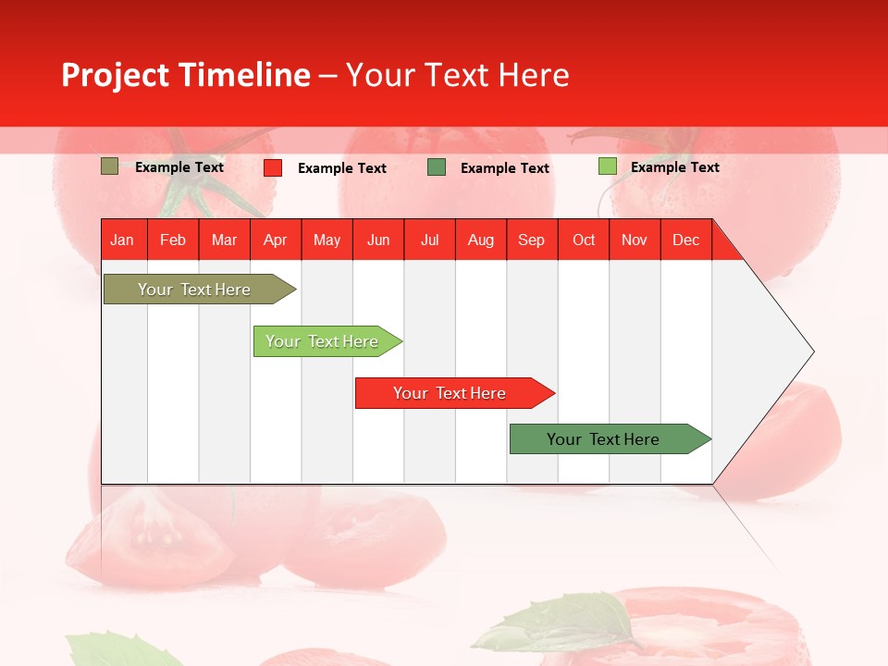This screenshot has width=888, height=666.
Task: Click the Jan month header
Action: tap(122, 240)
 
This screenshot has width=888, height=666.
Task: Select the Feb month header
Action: tap(173, 240)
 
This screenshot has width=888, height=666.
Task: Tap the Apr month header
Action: tap(276, 240)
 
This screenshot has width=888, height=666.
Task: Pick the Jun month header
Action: tap(378, 240)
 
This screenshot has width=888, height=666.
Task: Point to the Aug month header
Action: tap(481, 240)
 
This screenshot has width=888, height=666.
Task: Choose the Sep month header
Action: tap(532, 240)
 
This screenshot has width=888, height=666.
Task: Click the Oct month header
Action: tap(584, 240)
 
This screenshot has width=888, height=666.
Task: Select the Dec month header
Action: tap(686, 240)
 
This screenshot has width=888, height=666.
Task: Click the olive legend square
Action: tap(110, 166)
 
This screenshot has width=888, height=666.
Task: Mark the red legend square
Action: tap(273, 167)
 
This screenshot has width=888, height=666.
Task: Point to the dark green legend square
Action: tap(437, 167)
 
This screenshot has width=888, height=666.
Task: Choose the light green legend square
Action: tap(607, 166)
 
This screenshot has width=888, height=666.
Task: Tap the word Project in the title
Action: tap(116, 75)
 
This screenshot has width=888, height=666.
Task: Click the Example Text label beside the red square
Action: tap(342, 168)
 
